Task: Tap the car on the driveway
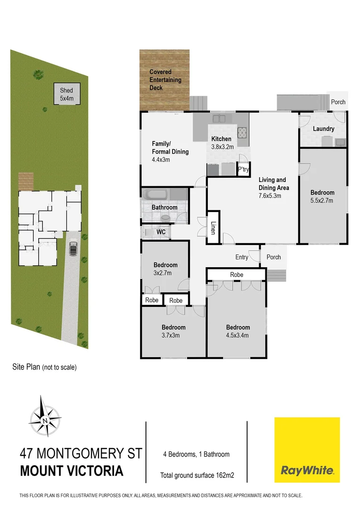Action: coord(73,248)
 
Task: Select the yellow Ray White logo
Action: coord(307,450)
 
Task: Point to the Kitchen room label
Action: coord(221,139)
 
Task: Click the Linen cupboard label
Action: coord(213,229)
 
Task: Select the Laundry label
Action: coord(323,129)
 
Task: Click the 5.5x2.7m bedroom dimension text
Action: coord(322,200)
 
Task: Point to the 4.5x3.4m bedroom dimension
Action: coord(237,336)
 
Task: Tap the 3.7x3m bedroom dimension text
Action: coord(173,336)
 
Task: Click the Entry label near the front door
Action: coord(242,257)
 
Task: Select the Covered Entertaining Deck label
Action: coord(165,80)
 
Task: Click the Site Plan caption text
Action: coord(44,367)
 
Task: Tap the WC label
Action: coord(160,232)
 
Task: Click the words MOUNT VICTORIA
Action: coord(72,471)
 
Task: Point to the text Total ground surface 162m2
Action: coord(197,476)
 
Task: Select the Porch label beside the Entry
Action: coord(273,257)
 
